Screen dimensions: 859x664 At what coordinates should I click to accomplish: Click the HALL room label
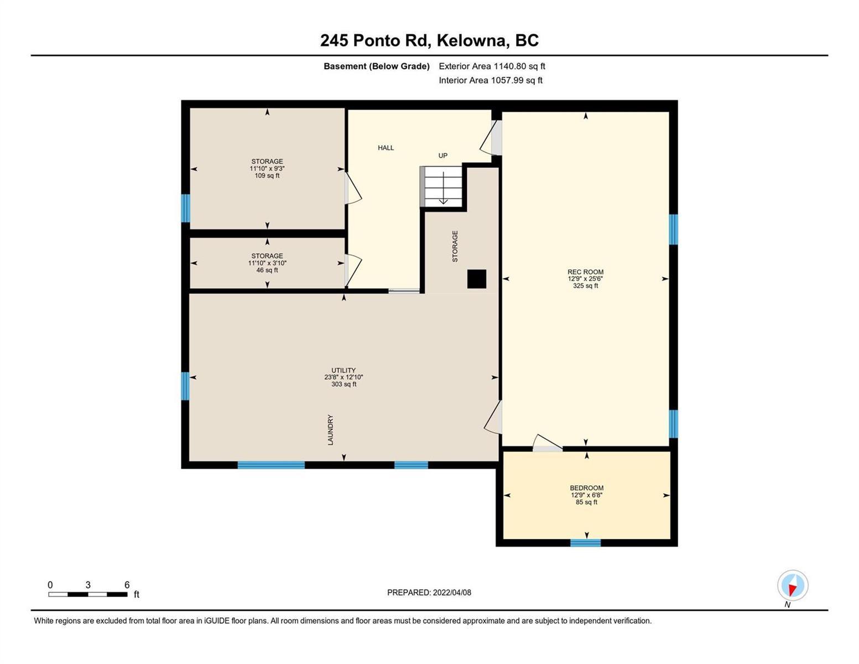point(386,148)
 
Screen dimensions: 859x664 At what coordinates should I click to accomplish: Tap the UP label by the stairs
point(442,155)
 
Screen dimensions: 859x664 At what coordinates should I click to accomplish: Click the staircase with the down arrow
point(441,186)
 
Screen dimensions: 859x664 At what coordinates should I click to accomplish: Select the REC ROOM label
point(585,272)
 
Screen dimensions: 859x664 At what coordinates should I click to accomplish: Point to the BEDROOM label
point(586,488)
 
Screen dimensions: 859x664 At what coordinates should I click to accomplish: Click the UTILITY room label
point(343,370)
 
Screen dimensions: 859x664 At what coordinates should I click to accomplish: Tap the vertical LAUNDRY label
point(330,430)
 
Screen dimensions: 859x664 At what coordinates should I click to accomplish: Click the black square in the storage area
point(477,279)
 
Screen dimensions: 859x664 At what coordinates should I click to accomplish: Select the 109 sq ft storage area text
point(267,175)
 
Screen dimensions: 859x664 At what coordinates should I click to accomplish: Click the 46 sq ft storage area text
point(267,270)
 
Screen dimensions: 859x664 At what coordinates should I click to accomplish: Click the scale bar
point(88,594)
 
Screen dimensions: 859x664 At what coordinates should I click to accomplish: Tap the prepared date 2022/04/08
point(452,593)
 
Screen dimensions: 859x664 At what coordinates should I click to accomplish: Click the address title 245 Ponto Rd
point(375,40)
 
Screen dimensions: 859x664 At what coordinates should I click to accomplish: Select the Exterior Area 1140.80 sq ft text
point(492,66)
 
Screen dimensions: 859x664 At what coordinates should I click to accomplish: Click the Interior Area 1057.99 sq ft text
point(491,80)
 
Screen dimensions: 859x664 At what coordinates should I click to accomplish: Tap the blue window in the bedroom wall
point(585,543)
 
